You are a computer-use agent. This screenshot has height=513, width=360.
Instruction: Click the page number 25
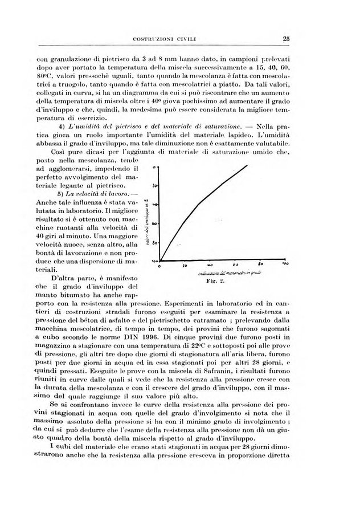click(286, 39)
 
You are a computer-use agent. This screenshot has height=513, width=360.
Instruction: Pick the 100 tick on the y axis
click(154, 260)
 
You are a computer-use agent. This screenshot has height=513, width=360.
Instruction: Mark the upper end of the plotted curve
click(247, 165)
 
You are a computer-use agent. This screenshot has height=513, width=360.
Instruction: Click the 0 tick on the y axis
click(156, 168)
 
